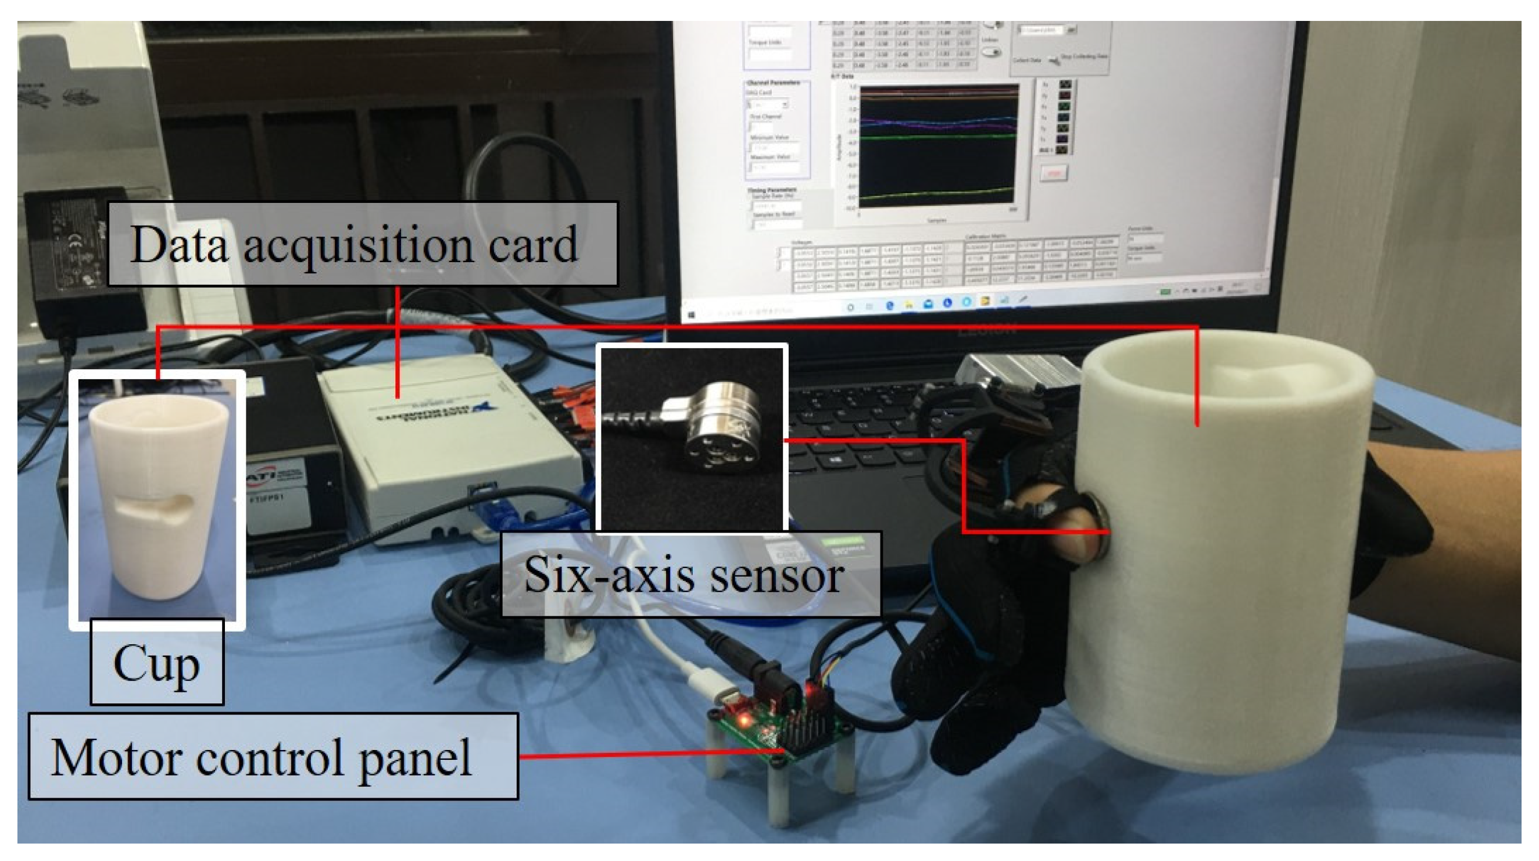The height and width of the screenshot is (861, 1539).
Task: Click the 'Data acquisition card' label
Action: [x=362, y=244]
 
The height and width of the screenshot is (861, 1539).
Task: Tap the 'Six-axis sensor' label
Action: [x=689, y=574]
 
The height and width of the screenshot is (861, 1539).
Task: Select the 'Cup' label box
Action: [x=157, y=662]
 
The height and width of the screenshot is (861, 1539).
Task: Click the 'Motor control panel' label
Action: [x=273, y=756]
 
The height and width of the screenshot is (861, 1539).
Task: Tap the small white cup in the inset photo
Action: [x=158, y=496]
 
